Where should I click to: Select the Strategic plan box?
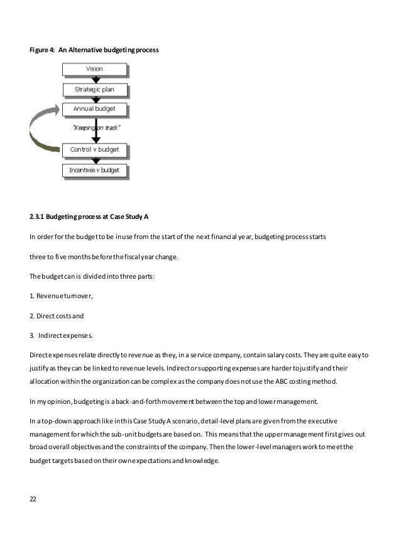(x=94, y=89)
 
